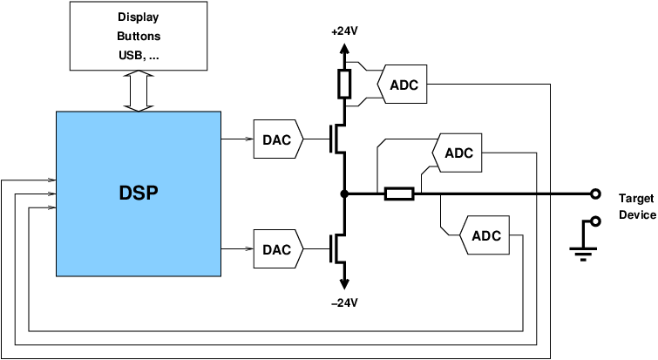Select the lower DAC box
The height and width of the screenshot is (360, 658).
point(277,249)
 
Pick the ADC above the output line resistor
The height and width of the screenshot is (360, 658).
point(458,153)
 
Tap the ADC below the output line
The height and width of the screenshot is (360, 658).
point(485,235)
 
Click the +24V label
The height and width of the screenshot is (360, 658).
point(344,31)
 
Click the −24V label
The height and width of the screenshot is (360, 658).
point(344,302)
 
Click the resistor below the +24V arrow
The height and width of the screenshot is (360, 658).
point(344,84)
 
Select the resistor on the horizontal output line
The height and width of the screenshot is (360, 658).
point(399,194)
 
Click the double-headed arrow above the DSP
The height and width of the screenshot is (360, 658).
point(139,92)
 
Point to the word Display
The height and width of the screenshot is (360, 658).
point(139,17)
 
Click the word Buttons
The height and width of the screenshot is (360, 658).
point(139,37)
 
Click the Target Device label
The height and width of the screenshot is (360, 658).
point(635,207)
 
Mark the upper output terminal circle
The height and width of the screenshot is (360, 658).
point(595,194)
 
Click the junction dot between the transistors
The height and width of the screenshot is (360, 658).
point(344,194)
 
